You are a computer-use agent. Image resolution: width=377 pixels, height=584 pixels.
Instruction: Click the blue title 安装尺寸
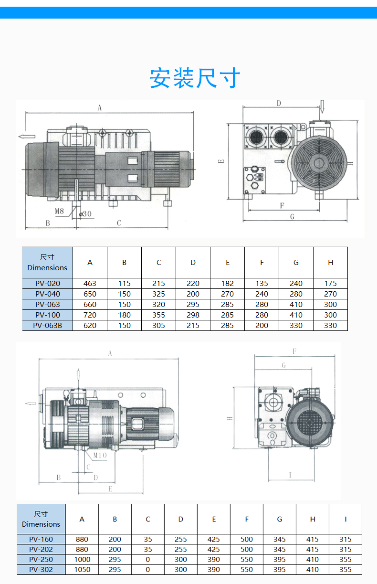pyautogui.click(x=195, y=78)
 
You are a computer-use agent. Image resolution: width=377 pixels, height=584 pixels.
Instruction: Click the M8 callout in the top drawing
pyautogui.click(x=59, y=211)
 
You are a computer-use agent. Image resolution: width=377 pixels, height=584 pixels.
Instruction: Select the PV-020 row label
pyautogui.click(x=48, y=283)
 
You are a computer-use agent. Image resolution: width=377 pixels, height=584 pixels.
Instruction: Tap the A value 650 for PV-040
pyautogui.click(x=90, y=294)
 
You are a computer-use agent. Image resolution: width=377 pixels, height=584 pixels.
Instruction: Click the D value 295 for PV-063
pyautogui.click(x=193, y=304)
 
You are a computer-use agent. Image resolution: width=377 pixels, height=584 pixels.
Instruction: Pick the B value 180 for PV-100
pyautogui.click(x=124, y=315)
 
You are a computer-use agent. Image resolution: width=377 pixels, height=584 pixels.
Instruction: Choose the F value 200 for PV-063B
pyautogui.click(x=262, y=325)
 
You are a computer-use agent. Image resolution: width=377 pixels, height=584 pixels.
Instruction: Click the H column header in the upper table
pyautogui.click(x=330, y=262)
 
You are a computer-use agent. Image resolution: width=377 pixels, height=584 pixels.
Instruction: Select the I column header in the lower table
pyautogui.click(x=346, y=519)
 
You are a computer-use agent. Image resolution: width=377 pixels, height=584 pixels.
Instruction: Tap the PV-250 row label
pyautogui.click(x=41, y=559)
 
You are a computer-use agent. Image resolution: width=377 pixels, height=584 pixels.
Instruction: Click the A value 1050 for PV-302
pyautogui.click(x=82, y=569)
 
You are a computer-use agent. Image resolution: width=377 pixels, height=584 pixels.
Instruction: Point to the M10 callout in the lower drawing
pyautogui.click(x=99, y=455)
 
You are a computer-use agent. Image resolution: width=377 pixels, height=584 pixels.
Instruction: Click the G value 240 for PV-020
pyautogui.click(x=296, y=283)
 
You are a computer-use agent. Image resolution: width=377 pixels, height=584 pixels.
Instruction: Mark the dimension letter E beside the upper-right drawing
pyautogui.click(x=221, y=161)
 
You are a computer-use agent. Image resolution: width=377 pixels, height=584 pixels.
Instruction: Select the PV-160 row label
pyautogui.click(x=41, y=539)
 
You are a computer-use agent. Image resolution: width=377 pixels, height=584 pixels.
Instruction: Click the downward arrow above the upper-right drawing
pyautogui.click(x=322, y=106)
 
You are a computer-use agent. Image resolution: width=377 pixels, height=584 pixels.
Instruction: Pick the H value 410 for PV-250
pyautogui.click(x=313, y=559)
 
